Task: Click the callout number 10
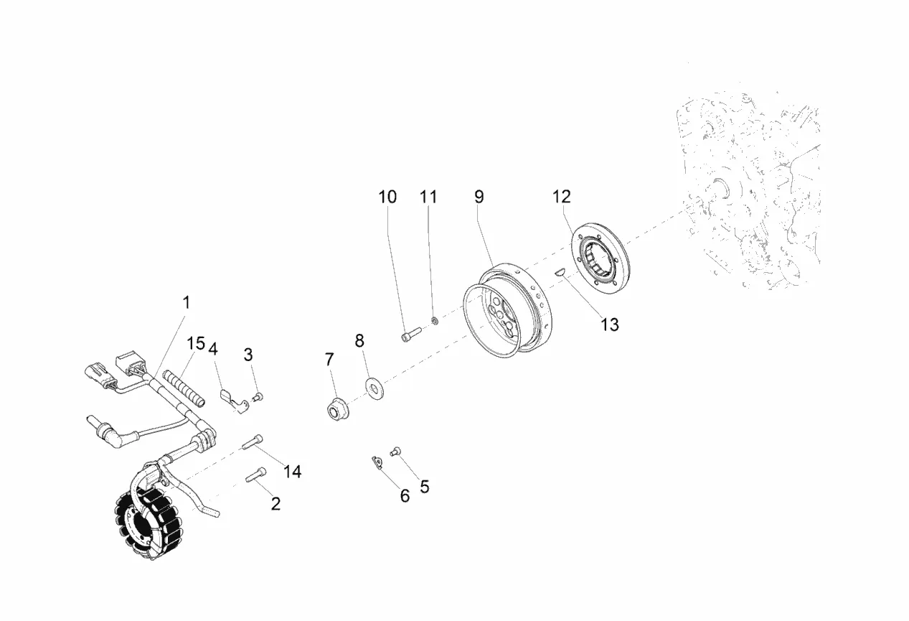(x=387, y=197)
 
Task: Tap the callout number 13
(x=609, y=324)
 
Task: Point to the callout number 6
(x=405, y=495)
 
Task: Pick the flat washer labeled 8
(x=373, y=386)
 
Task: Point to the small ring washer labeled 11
(x=435, y=319)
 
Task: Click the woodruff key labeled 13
(x=560, y=271)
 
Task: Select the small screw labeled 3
(x=259, y=396)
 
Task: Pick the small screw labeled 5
(x=395, y=452)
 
